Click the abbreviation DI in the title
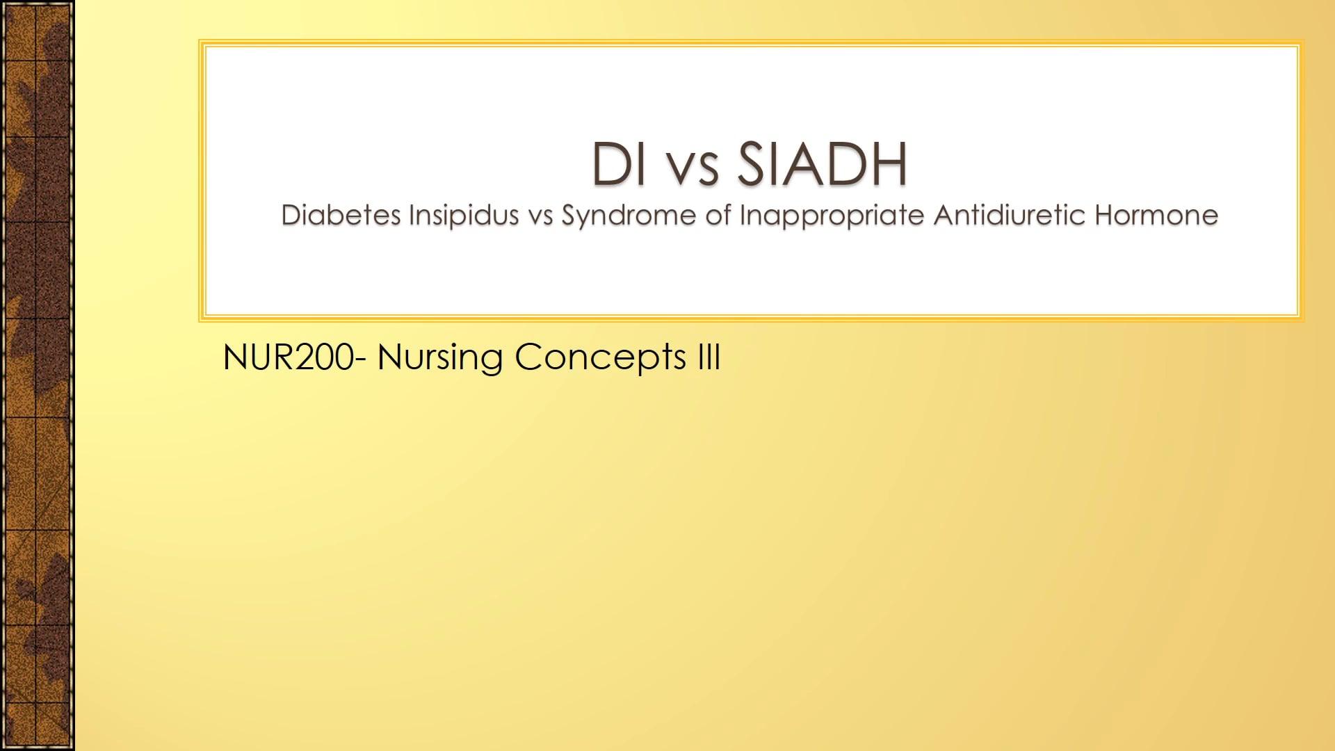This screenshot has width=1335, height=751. [x=618, y=164]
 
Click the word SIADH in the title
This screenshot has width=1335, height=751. [x=822, y=164]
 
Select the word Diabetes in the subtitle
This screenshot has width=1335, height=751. [x=341, y=216]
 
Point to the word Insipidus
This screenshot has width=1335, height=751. [x=464, y=216]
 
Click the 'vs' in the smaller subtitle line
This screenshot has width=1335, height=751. [x=540, y=217]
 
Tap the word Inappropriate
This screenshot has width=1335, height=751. [x=832, y=217]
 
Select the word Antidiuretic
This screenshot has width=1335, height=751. [x=1009, y=216]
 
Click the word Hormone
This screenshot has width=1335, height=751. [x=1156, y=216]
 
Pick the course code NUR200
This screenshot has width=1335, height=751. [x=288, y=357]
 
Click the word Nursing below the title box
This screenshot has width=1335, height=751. [x=439, y=359]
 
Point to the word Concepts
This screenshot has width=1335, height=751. [x=601, y=359]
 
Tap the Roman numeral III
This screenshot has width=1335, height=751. [x=709, y=357]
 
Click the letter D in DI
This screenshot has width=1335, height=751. [x=610, y=164]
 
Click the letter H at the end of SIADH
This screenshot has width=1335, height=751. [x=888, y=164]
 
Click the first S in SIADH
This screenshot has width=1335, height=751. [x=752, y=164]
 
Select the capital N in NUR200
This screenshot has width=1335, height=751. [x=235, y=357]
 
